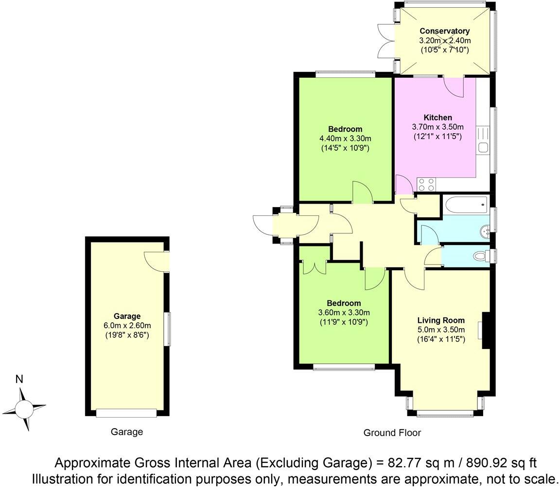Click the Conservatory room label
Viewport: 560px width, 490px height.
tap(445, 32)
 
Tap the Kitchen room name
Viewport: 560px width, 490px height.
tap(437, 118)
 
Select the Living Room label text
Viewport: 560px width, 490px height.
tap(441, 320)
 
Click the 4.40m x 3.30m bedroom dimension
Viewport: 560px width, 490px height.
tap(345, 139)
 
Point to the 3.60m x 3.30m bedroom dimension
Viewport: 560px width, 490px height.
tap(344, 313)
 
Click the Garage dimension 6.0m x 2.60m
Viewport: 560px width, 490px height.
tap(126, 326)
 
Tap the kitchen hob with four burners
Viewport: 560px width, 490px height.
tap(426, 184)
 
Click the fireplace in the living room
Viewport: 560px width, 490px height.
tap(485, 331)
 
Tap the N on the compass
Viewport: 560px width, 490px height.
tap(19, 380)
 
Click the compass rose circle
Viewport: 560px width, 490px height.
tap(23, 407)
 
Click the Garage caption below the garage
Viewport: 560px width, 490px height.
tap(127, 432)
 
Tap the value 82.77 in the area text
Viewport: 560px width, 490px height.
tap(399, 462)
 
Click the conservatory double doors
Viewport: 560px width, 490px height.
tap(386, 41)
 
